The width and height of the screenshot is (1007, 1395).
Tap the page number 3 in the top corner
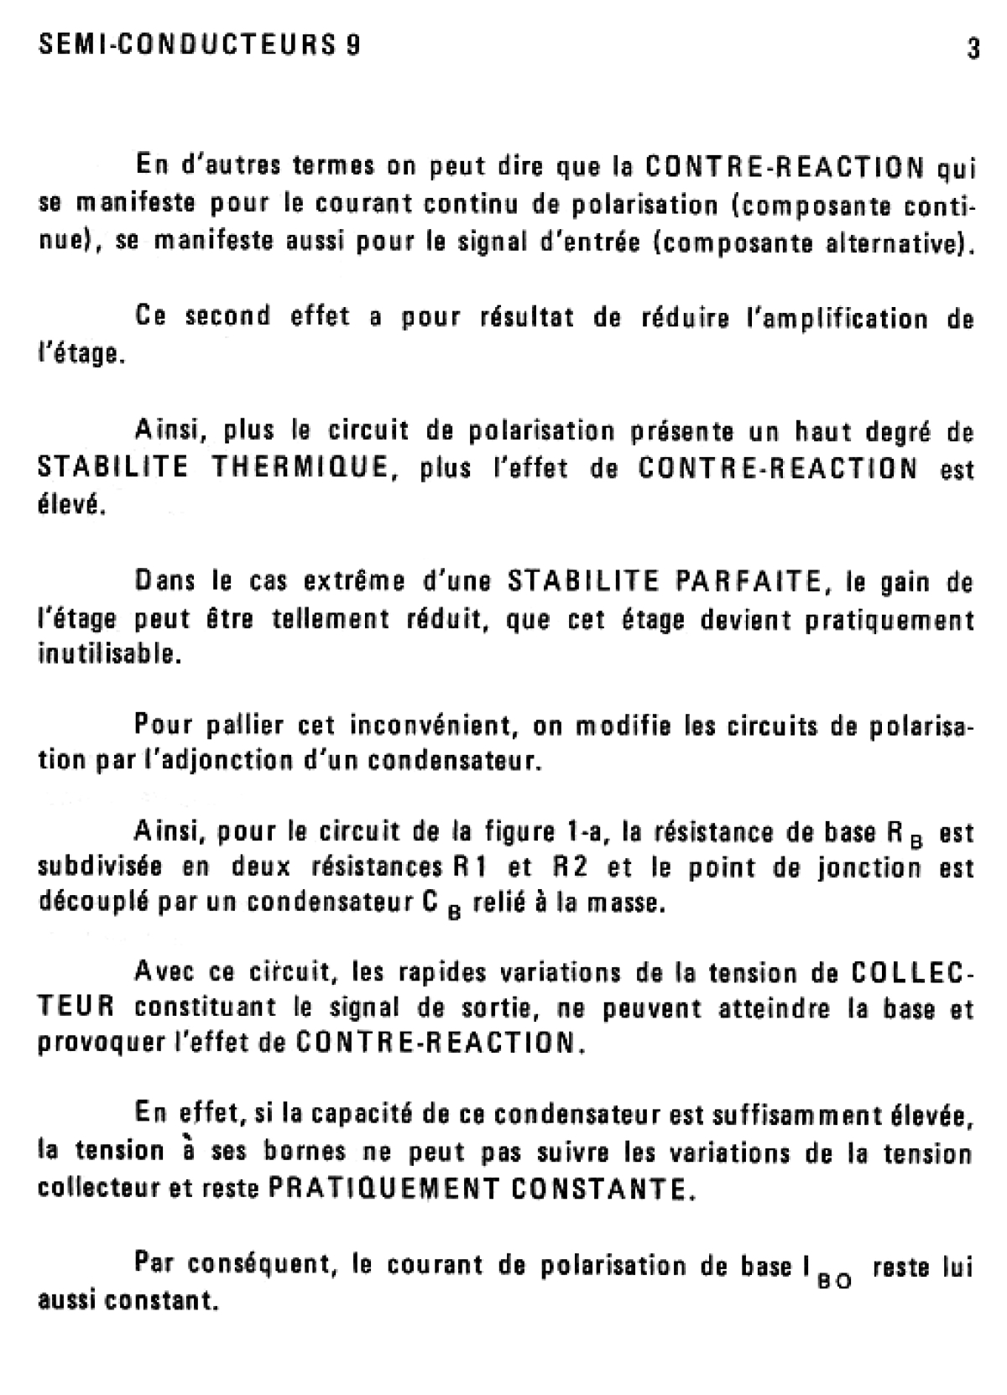(973, 49)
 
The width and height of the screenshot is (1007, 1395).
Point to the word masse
(629, 905)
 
